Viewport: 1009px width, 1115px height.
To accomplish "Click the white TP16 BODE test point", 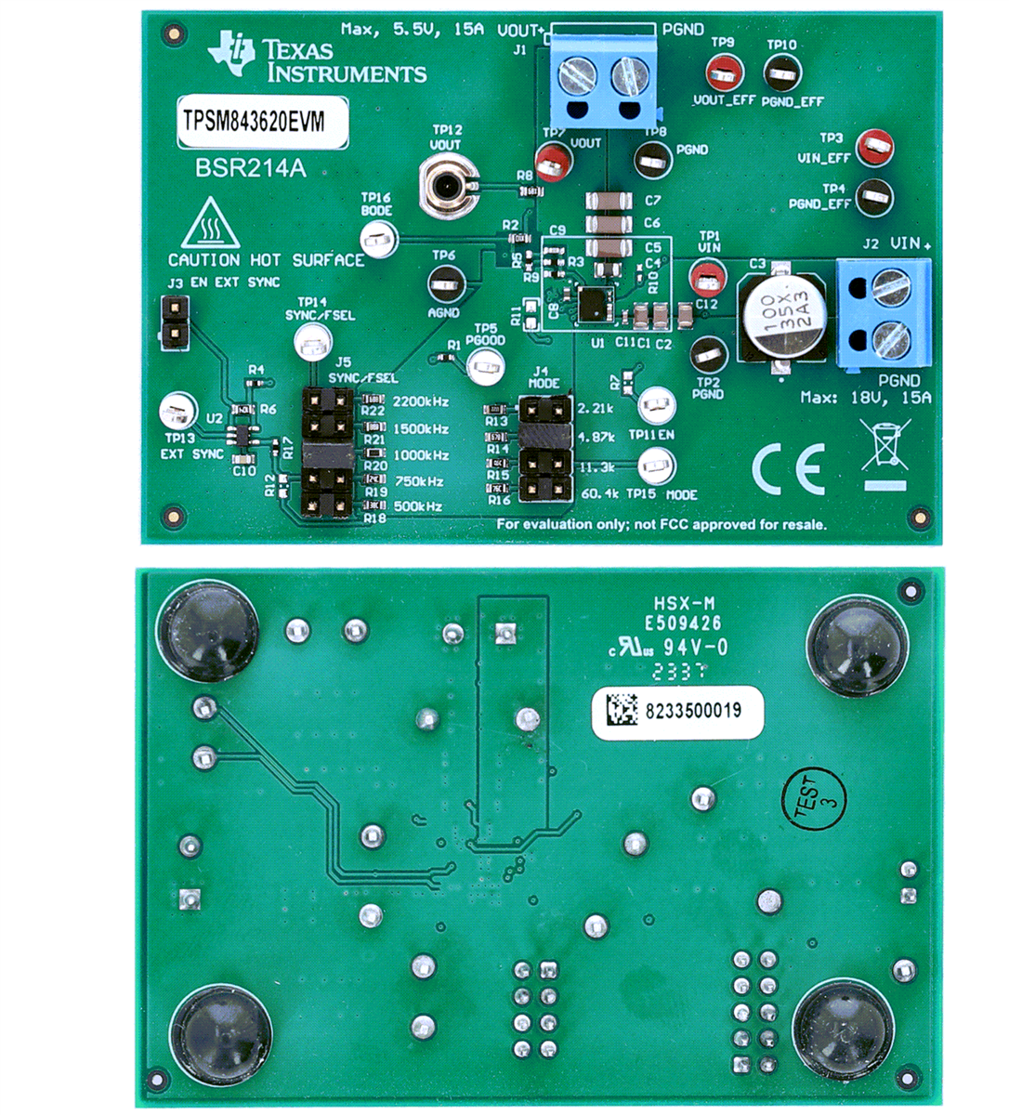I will [379, 241].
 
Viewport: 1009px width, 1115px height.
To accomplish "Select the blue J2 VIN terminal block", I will [884, 311].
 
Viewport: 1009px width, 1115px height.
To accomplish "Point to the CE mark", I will [788, 470].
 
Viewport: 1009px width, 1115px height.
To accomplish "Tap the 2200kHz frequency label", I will [421, 402].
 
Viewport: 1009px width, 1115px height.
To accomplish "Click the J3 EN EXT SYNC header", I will [173, 321].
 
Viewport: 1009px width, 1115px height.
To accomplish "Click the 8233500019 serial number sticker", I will [677, 713].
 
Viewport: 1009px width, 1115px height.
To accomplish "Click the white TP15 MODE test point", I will [656, 465].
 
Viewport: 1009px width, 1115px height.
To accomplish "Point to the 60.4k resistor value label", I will [599, 493].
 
